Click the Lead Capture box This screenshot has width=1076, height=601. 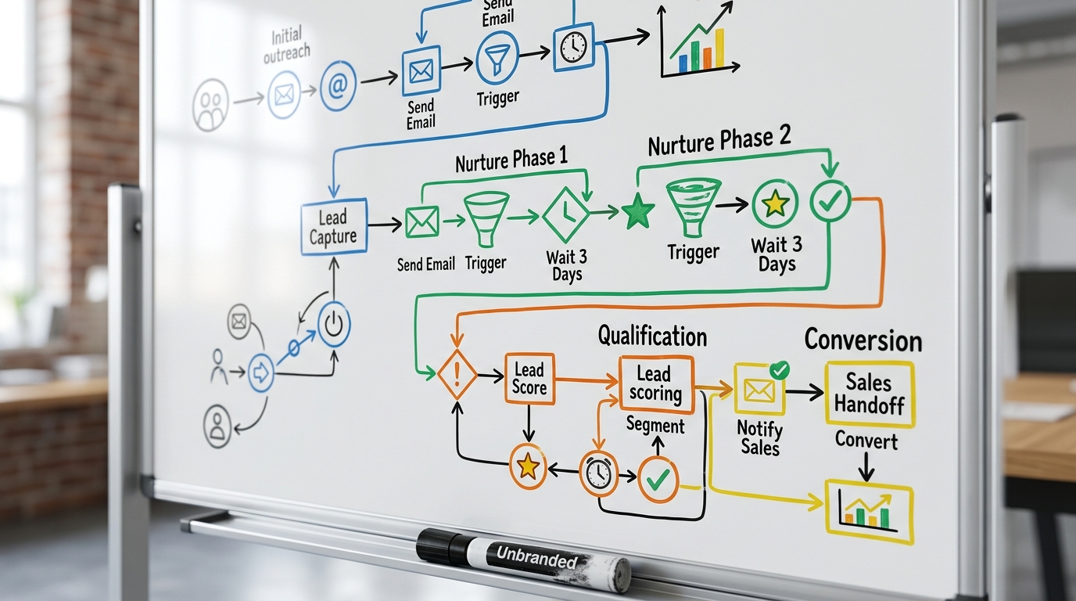(x=335, y=226)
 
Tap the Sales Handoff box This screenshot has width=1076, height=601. (x=870, y=394)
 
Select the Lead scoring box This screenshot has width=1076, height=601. (x=656, y=384)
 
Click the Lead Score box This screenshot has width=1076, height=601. (x=529, y=379)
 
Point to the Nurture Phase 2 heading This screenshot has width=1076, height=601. (x=719, y=140)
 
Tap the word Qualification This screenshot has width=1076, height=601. (x=652, y=336)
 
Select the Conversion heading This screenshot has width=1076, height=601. (x=863, y=340)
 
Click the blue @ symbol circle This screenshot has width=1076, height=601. (x=338, y=85)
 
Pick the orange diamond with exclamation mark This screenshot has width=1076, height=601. (x=457, y=374)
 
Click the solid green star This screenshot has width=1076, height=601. (x=638, y=211)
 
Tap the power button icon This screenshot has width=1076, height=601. (x=334, y=324)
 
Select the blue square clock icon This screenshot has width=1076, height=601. (x=573, y=47)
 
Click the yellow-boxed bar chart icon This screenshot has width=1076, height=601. (x=869, y=512)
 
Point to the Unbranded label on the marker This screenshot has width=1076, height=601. (x=537, y=558)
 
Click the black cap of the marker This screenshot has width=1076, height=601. (x=442, y=547)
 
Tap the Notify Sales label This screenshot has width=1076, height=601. (x=760, y=437)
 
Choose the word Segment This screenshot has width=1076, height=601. (x=655, y=426)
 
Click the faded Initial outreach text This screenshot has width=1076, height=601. (x=287, y=45)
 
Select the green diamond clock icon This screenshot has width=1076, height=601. (x=566, y=215)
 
